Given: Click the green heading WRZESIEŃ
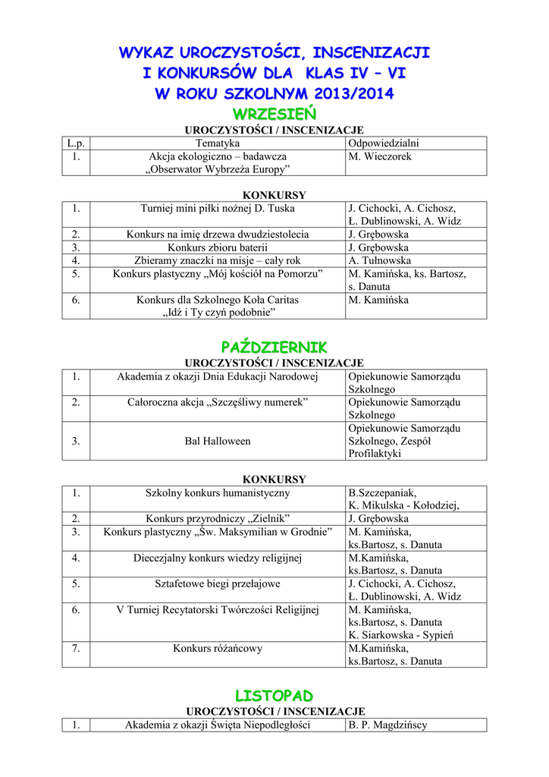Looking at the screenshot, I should tap(274, 114).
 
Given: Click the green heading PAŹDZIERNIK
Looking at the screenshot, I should tap(274, 347).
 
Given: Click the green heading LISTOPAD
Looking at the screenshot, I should tap(274, 695).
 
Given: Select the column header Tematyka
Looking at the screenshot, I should tap(217, 143).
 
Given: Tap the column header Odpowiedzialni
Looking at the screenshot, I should tap(384, 143).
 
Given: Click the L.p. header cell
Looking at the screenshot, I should tap(75, 143).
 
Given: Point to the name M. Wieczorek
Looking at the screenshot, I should tap(380, 156).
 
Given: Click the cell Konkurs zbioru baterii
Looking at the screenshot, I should tap(217, 247).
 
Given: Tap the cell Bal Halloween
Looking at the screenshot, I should tap(217, 441).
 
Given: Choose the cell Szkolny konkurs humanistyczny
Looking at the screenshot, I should tap(217, 493).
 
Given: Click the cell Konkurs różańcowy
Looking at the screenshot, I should tap(217, 648).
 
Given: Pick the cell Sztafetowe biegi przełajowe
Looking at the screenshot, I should tap(217, 584).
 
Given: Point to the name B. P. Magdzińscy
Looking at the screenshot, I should tap(387, 725).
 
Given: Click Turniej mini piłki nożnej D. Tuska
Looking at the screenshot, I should tap(217, 208).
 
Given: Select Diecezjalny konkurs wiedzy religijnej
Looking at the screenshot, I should tap(217, 558).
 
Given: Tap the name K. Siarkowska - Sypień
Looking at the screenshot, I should tap(400, 635).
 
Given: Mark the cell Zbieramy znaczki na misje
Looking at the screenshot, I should tap(217, 260).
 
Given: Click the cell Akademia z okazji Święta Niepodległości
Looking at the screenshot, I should tap(217, 725).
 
